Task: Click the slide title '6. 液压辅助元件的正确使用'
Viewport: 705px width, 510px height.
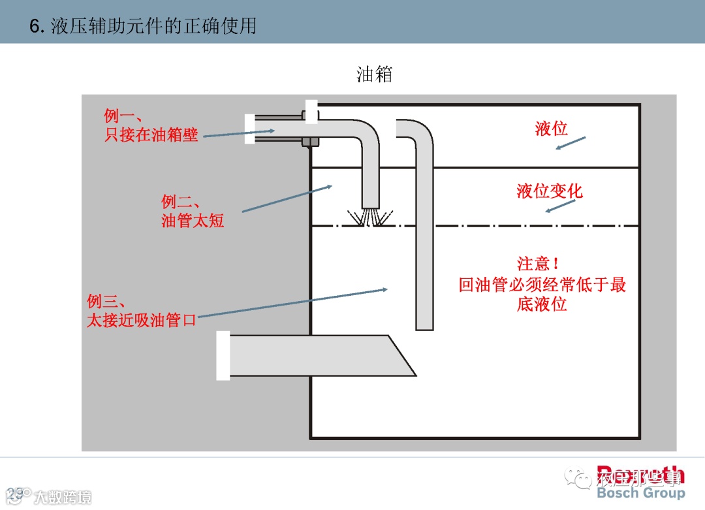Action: click(x=143, y=26)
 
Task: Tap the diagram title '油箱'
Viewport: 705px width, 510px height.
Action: click(x=374, y=74)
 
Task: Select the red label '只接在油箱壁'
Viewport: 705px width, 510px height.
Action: click(x=151, y=135)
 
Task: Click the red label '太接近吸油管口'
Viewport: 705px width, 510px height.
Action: click(x=142, y=320)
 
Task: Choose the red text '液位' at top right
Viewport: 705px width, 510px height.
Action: click(x=551, y=129)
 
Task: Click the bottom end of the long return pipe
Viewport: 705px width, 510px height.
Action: click(x=425, y=323)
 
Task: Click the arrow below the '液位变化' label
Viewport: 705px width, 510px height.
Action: click(x=560, y=206)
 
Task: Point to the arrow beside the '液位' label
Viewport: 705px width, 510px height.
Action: click(x=571, y=143)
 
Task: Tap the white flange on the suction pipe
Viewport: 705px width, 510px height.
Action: click(x=223, y=355)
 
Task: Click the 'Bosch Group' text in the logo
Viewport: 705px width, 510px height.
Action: click(x=640, y=493)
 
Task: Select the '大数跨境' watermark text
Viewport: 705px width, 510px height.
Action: click(x=63, y=497)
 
